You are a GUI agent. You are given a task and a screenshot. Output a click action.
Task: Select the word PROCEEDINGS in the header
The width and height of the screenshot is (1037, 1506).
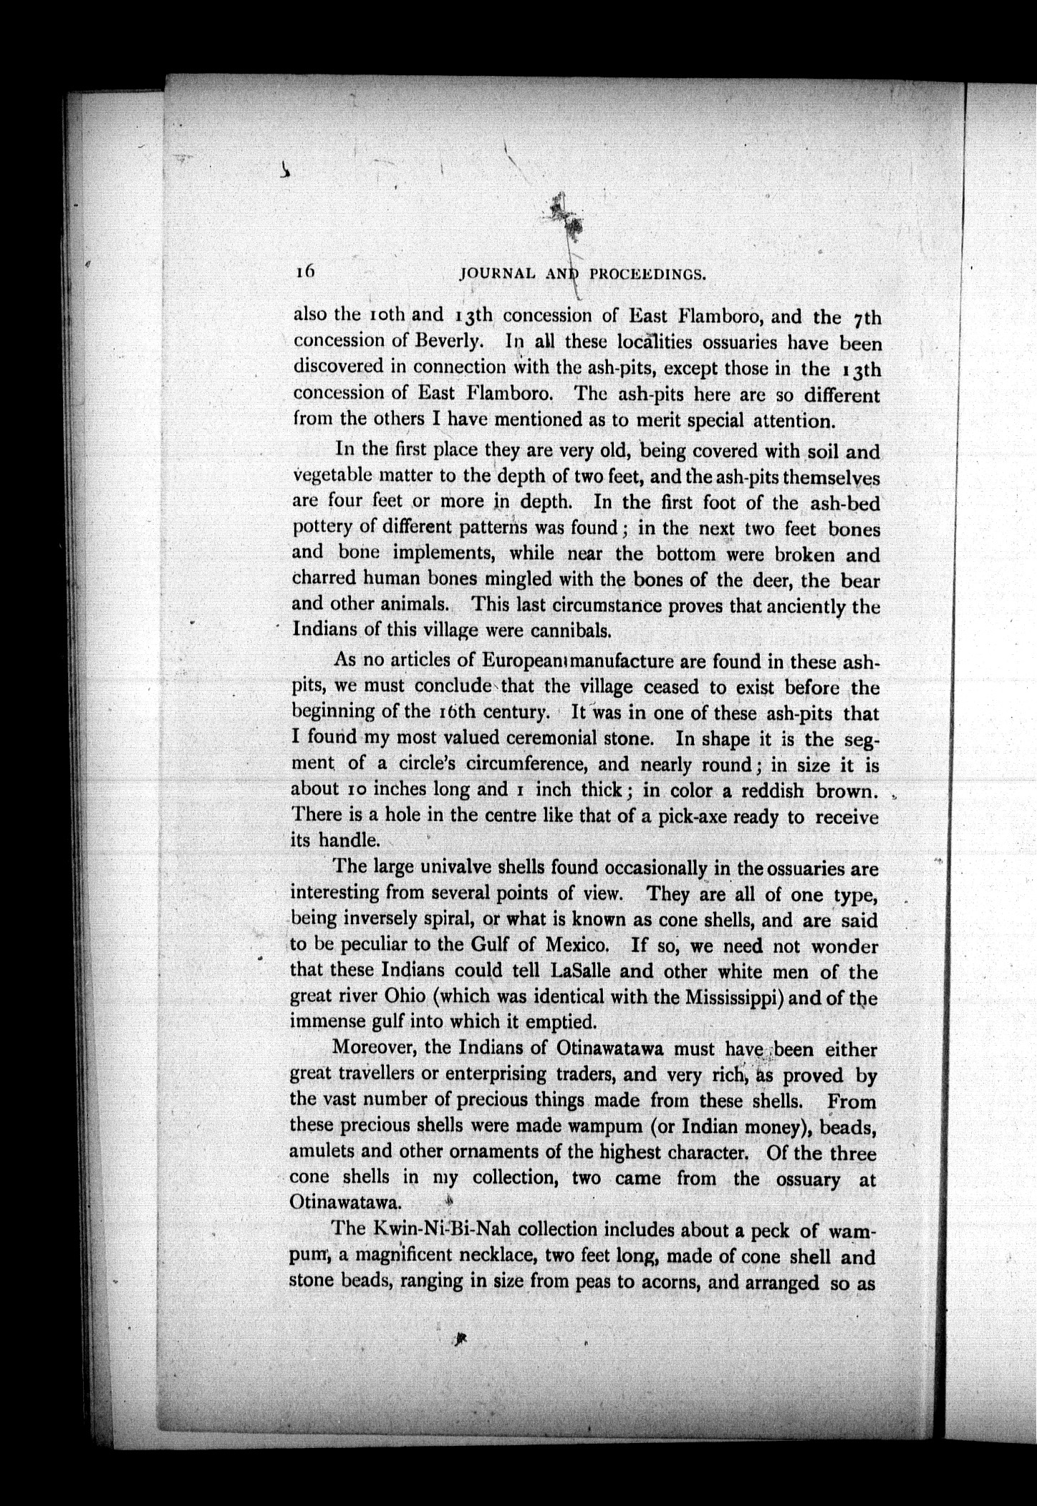[x=648, y=273]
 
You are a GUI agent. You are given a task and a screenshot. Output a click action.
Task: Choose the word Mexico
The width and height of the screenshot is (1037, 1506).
[x=577, y=944]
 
